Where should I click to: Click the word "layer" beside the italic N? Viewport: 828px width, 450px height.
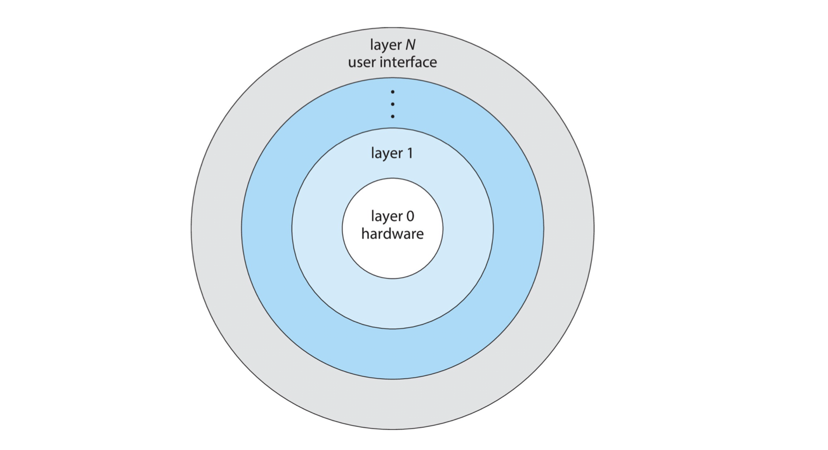click(386, 45)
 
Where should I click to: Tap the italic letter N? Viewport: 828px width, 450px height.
click(410, 45)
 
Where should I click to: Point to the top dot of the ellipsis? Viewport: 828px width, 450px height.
click(393, 92)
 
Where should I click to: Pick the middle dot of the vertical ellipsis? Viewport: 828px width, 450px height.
click(393, 104)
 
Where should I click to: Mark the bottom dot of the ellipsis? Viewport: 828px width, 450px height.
click(393, 116)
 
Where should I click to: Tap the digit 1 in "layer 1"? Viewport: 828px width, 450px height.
click(410, 153)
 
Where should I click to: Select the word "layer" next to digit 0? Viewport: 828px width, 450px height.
click(387, 217)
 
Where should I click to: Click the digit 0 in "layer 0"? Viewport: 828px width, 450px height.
click(410, 216)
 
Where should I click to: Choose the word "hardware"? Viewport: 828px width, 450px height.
click(393, 234)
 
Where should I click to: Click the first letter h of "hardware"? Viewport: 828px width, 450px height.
click(365, 233)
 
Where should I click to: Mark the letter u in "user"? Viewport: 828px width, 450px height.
click(352, 63)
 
